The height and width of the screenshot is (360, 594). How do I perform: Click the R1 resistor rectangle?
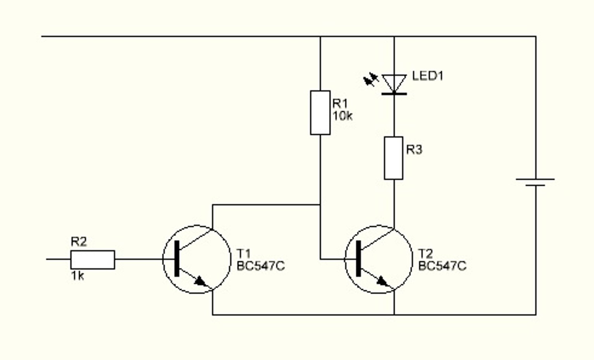(x=320, y=113)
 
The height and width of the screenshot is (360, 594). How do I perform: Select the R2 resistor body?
(x=92, y=259)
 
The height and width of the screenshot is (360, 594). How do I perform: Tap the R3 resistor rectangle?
(x=393, y=158)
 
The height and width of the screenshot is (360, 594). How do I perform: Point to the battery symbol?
(x=535, y=182)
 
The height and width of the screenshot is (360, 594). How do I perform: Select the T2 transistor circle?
(x=379, y=259)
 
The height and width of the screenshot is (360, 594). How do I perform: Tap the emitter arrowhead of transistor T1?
(x=201, y=281)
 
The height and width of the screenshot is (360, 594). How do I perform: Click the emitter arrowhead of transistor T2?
(x=383, y=281)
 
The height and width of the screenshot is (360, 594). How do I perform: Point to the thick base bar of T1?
(x=177, y=258)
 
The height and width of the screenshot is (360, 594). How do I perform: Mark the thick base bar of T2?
(x=358, y=258)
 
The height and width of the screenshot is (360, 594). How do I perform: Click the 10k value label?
(x=343, y=116)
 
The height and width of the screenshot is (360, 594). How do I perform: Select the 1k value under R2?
(x=77, y=276)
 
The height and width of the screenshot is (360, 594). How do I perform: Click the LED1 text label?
(x=427, y=76)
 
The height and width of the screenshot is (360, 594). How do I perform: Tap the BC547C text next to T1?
(x=260, y=266)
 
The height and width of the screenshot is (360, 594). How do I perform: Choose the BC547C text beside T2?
(x=442, y=266)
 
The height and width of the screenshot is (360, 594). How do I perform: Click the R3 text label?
(x=414, y=150)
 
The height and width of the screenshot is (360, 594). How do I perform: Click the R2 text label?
(x=79, y=242)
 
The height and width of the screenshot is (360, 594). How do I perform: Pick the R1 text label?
(x=340, y=103)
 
